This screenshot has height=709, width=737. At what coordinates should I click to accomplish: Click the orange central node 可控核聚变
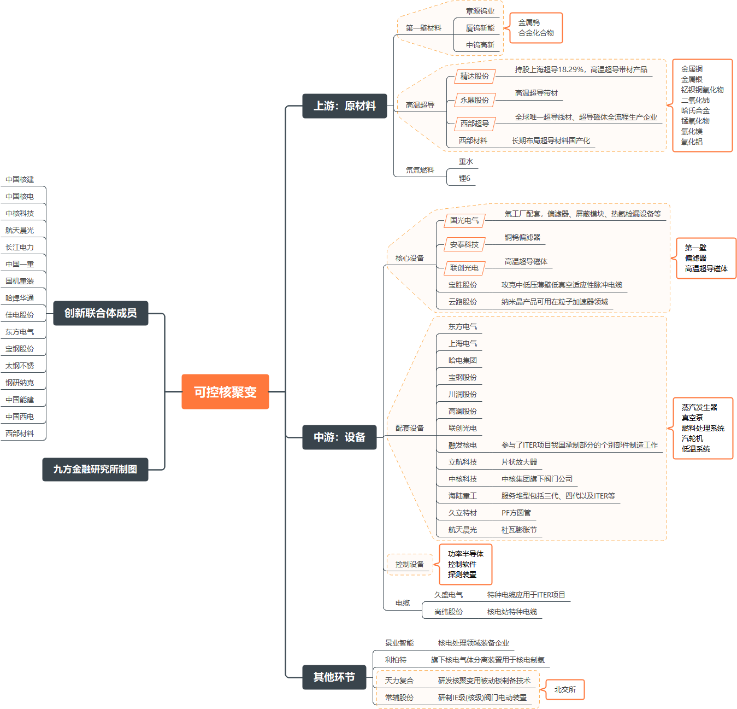(225, 391)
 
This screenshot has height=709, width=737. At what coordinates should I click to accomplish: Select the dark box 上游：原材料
(344, 106)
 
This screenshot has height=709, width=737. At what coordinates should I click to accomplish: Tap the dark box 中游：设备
(339, 437)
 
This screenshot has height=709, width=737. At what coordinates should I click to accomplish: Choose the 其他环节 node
(334, 677)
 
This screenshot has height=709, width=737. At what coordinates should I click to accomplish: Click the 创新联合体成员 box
(101, 313)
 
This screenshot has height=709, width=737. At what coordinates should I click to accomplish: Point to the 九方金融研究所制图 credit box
(95, 469)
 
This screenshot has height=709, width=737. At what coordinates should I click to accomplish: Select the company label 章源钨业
(480, 11)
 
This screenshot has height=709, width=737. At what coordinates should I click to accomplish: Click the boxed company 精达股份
(475, 76)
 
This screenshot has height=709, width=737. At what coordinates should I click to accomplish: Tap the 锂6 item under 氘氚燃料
(464, 178)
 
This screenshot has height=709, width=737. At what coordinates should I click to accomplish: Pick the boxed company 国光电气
(464, 220)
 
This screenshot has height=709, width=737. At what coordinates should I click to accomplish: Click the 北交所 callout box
(565, 689)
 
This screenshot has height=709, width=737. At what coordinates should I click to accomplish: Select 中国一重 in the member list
(20, 264)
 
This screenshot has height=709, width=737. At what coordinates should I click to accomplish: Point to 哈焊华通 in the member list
(20, 298)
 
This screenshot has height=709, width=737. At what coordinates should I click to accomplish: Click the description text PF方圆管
(516, 513)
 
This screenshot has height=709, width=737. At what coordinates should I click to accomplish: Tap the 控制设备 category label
(409, 564)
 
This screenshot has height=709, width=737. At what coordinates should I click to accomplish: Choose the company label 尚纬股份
(449, 612)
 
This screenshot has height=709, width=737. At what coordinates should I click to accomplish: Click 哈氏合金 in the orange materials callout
(695, 110)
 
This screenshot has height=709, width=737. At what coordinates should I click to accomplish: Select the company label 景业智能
(399, 643)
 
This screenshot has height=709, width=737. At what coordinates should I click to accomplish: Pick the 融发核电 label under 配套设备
(462, 445)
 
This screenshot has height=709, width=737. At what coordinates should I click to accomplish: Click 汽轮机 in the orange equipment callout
(692, 438)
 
